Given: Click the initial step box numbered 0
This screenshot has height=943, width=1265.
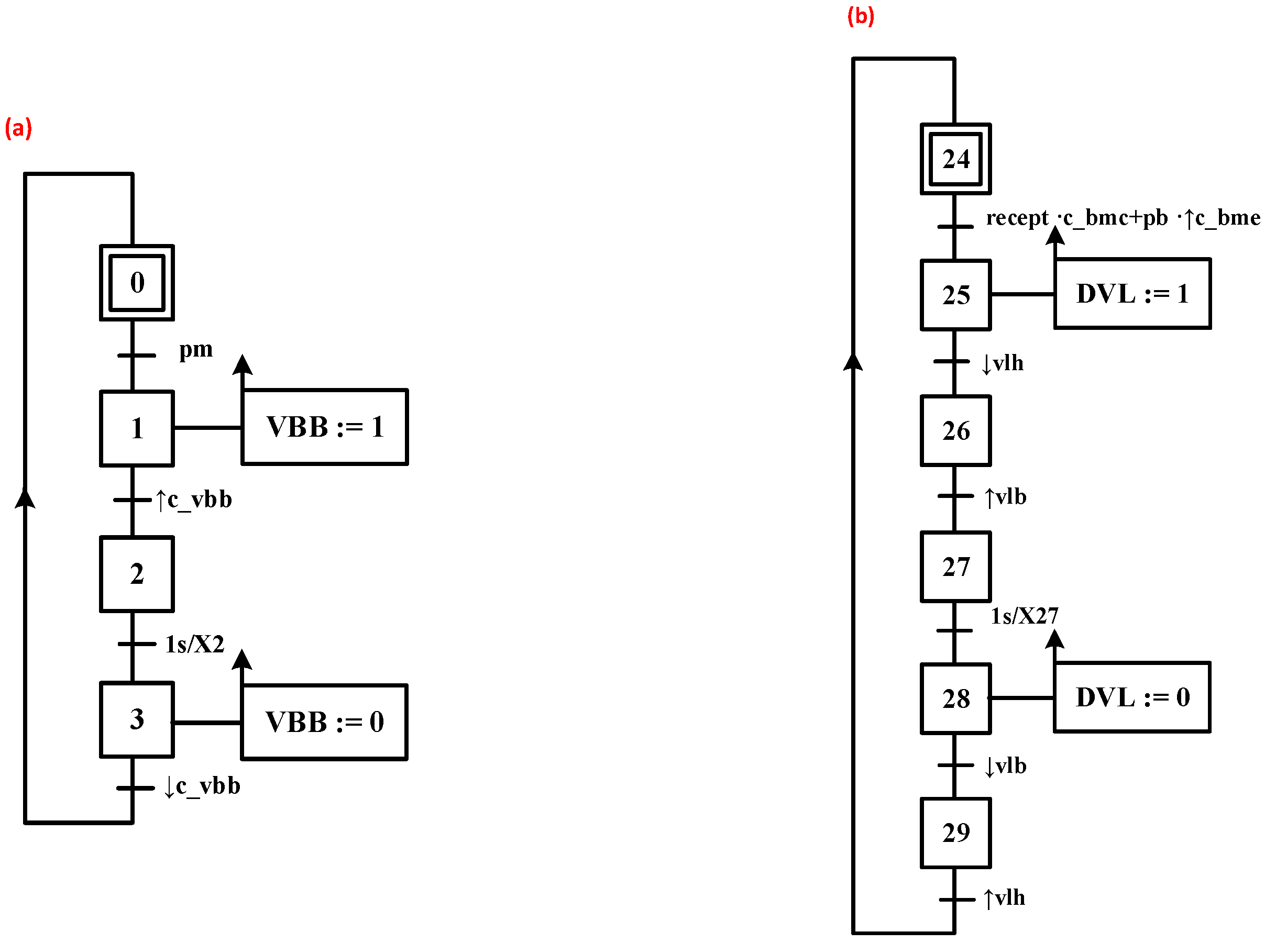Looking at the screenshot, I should pyautogui.click(x=137, y=283).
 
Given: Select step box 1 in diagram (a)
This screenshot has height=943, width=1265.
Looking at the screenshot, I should pyautogui.click(x=137, y=428).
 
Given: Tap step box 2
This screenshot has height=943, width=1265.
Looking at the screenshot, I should pyautogui.click(x=137, y=574).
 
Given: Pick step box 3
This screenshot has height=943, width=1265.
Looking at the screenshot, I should pyautogui.click(x=137, y=719).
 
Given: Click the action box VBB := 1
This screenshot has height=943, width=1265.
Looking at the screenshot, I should pyautogui.click(x=324, y=427).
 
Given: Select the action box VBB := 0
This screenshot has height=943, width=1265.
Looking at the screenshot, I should pyautogui.click(x=324, y=722).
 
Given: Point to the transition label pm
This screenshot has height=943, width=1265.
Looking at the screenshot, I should pyautogui.click(x=195, y=349).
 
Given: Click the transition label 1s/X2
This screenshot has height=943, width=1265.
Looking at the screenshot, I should pyautogui.click(x=194, y=645).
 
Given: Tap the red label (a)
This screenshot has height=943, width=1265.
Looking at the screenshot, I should pyautogui.click(x=18, y=128).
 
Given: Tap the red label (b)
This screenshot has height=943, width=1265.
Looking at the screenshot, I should pyautogui.click(x=860, y=16).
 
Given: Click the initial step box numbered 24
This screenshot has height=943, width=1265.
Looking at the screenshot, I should pyautogui.click(x=955, y=159).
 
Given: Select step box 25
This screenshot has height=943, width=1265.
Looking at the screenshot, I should pyautogui.click(x=955, y=295).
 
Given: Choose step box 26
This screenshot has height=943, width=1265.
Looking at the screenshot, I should pyautogui.click(x=955, y=430).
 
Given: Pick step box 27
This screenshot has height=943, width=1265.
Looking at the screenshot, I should pyautogui.click(x=955, y=566).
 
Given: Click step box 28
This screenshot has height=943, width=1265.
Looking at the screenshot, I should pyautogui.click(x=955, y=698).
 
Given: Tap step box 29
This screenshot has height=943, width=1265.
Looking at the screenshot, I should pyautogui.click(x=955, y=833).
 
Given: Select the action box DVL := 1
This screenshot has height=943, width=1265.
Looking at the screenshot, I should pyautogui.click(x=1131, y=294).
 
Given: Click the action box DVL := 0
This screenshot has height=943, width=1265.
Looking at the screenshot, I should pyautogui.click(x=1131, y=697).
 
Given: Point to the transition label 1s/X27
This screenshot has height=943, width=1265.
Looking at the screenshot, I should pyautogui.click(x=1024, y=616).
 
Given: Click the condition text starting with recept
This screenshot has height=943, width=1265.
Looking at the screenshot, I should pyautogui.click(x=1122, y=218).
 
